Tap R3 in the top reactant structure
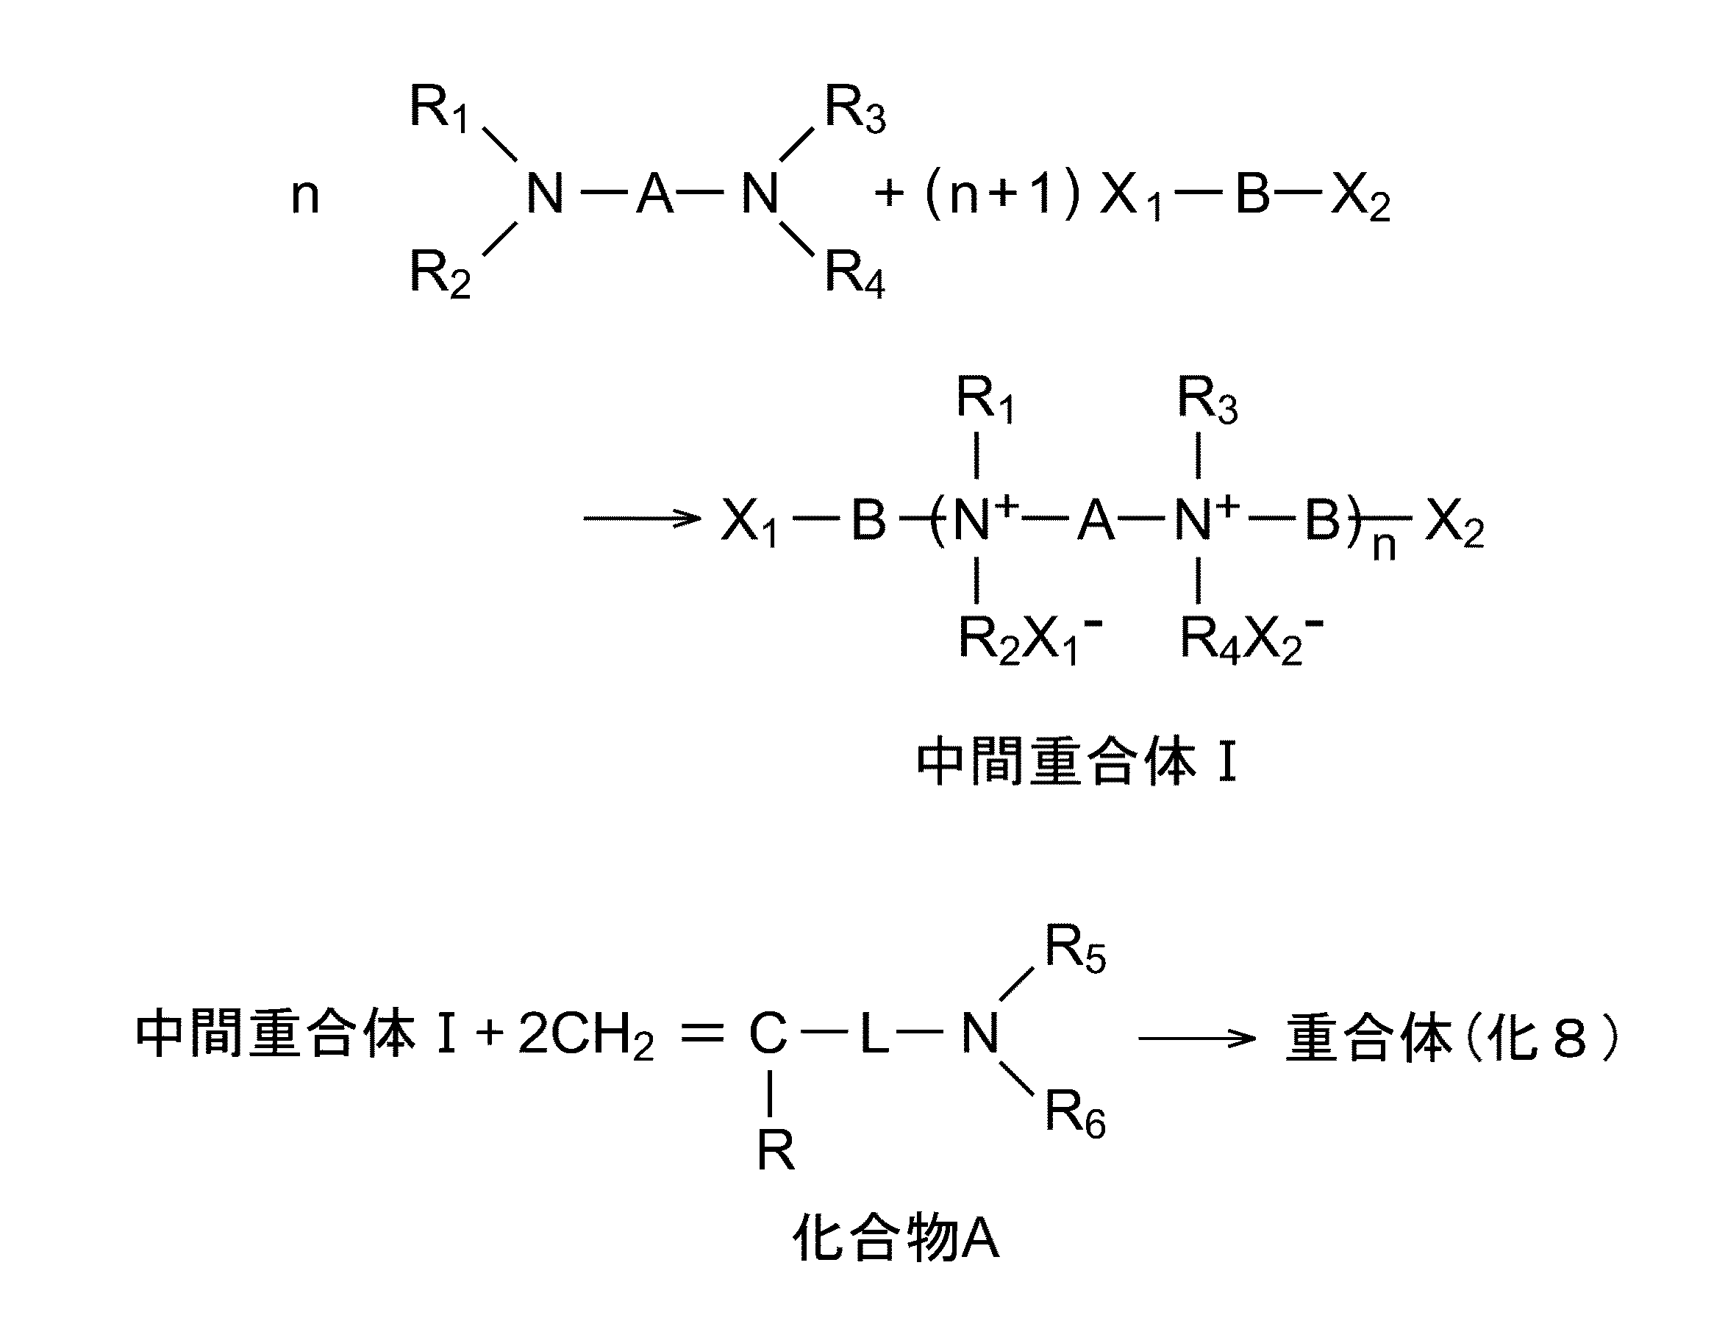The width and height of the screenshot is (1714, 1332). coord(854,109)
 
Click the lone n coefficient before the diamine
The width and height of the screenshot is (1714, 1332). coord(305,196)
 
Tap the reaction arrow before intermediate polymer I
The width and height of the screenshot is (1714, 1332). coord(641,518)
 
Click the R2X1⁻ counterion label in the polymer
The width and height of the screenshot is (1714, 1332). coord(1029,639)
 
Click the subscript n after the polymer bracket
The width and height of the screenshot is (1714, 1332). coord(1384,546)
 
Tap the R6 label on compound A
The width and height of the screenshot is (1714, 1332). coord(1074,1114)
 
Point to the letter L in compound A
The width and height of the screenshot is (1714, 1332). coord(874,1033)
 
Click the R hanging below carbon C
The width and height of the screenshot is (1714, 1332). coord(775,1152)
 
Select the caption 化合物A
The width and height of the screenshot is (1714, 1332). coord(896,1240)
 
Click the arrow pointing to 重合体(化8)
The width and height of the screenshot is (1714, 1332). coord(1197,1039)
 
